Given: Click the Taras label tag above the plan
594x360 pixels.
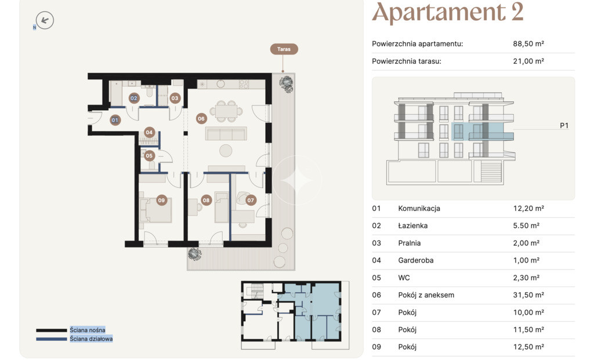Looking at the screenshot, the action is coord(284,49).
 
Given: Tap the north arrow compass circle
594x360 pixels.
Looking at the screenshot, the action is coord(45,20).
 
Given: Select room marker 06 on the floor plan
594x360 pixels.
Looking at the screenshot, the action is coord(201,118).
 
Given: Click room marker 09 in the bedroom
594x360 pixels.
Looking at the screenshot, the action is coord(162,200).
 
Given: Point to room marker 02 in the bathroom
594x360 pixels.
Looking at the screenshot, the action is coord(134,98).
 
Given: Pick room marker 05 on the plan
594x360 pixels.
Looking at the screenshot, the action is coord(149,155).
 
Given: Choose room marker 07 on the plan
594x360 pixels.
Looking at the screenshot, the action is coord(251,200).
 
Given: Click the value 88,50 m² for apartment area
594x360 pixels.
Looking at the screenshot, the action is coord(528,43).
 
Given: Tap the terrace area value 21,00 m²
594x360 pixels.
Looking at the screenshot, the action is coord(528,61).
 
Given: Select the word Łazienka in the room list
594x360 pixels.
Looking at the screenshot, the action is coord(413,226).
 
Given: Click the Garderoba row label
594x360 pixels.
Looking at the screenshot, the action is coord(416,260).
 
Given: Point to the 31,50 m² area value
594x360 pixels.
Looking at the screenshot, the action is coord(528,295).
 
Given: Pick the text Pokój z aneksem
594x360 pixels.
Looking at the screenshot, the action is coord(426,295).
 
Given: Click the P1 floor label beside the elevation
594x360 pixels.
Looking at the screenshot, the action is coord(564,126).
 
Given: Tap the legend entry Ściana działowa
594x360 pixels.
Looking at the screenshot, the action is coord(91,339).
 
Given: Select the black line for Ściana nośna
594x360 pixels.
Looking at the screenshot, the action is coord(52,330).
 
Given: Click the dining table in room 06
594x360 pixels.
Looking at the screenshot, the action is coord(226,111).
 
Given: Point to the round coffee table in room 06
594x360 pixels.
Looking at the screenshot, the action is coord(226,151).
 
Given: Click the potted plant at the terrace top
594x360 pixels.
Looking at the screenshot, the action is coord(287,84).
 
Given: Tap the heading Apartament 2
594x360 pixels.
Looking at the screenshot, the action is coord(448,12).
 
